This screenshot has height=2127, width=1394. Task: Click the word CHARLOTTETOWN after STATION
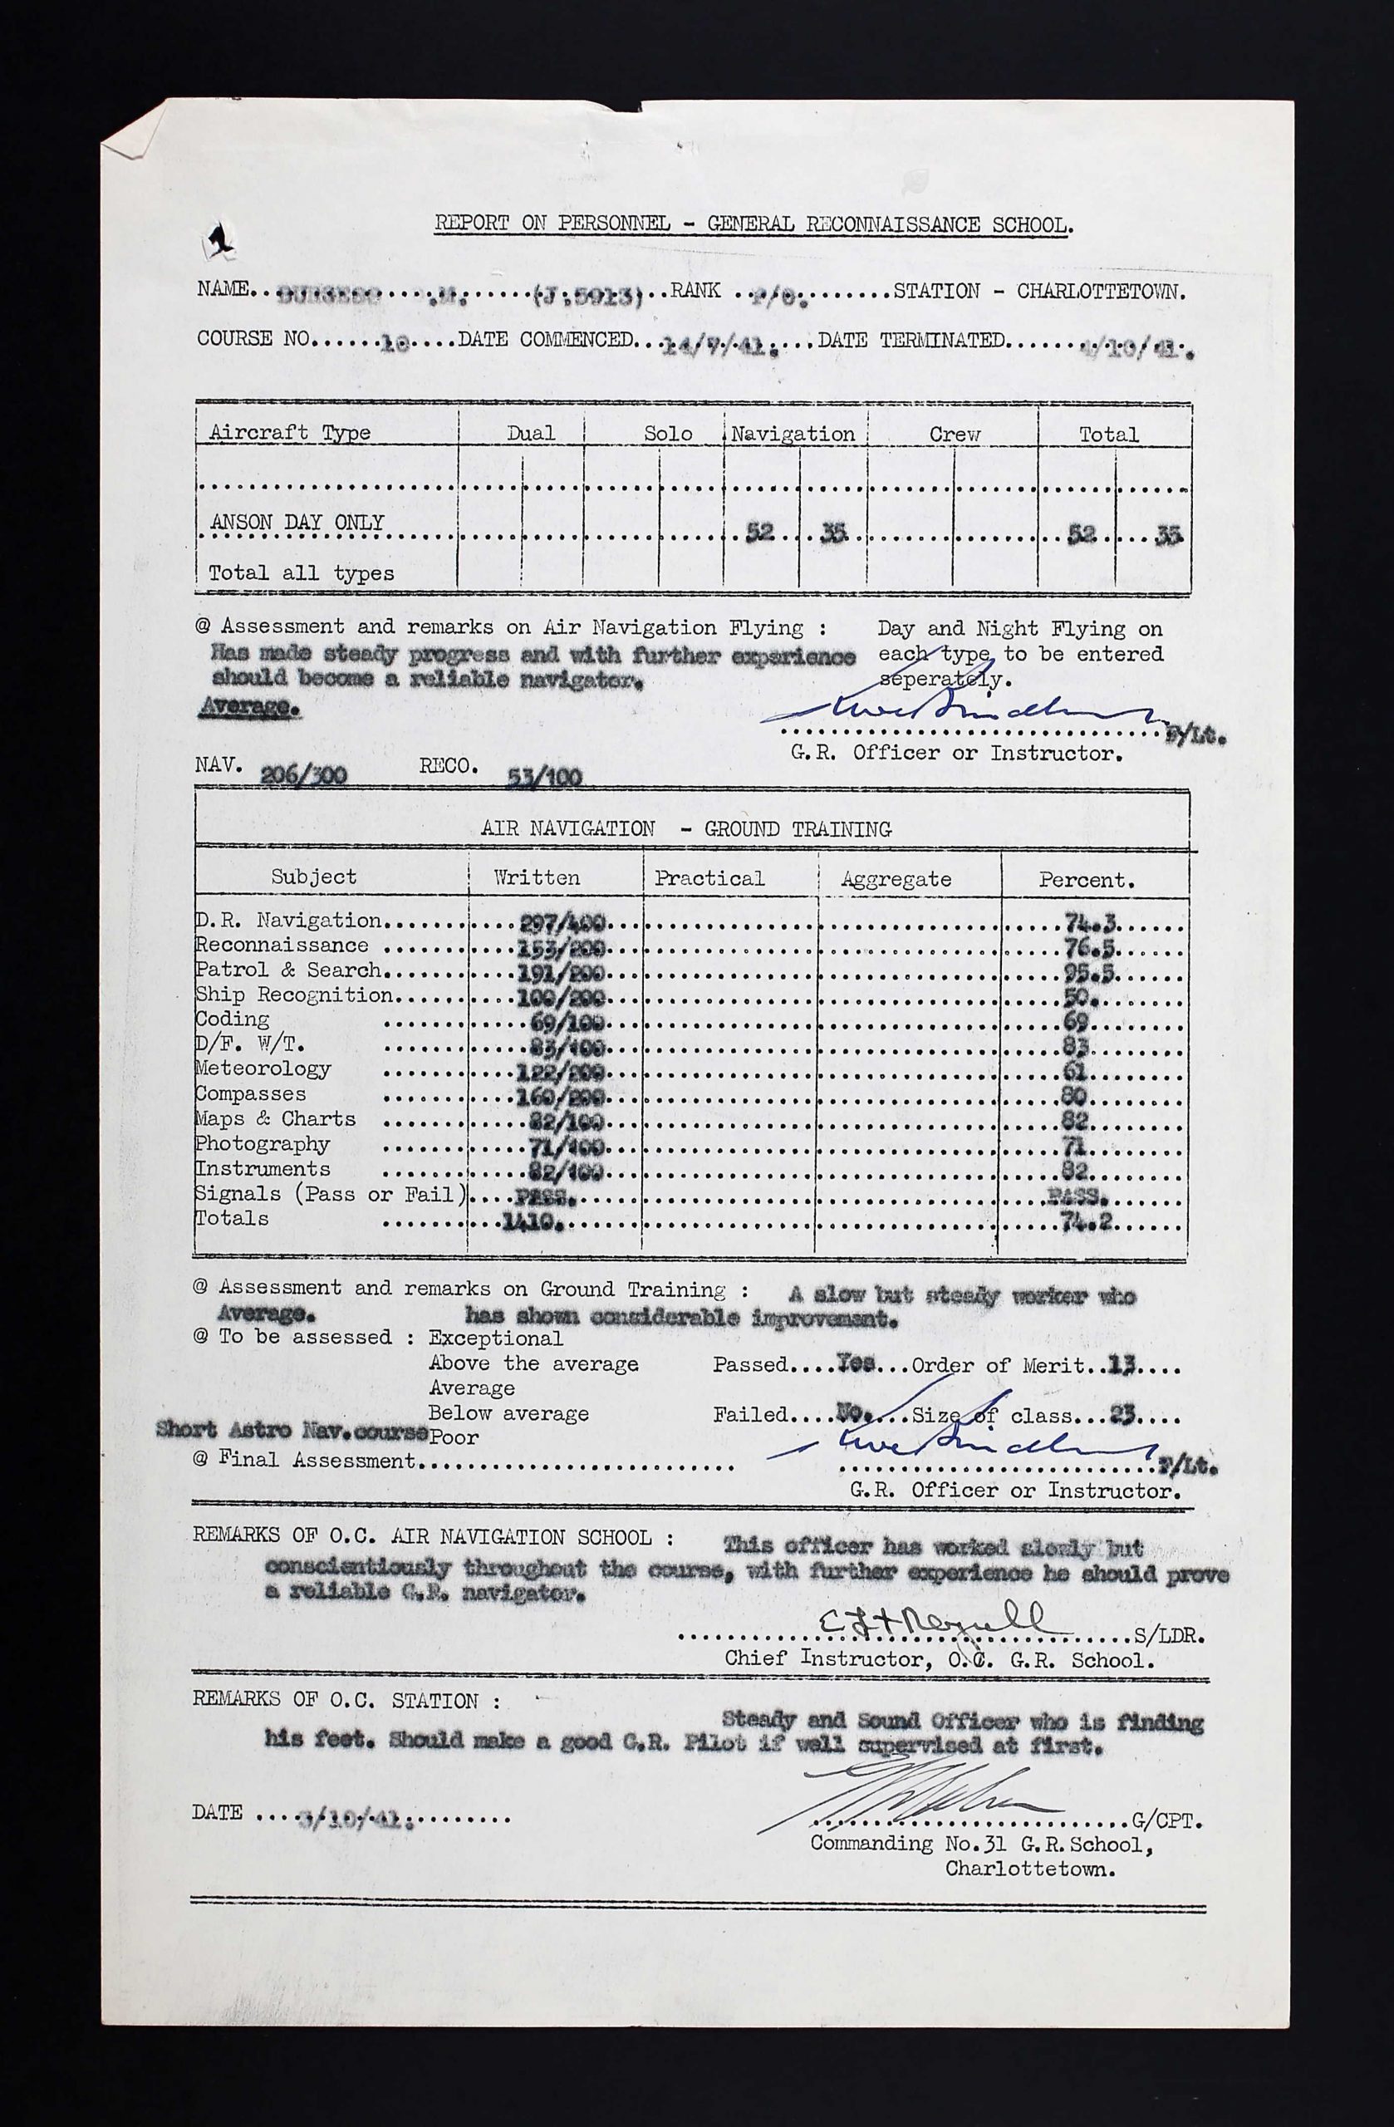point(1101,292)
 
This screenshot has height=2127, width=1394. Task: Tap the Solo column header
point(668,434)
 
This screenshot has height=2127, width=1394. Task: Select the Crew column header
point(954,435)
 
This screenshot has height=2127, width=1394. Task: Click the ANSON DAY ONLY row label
point(297,522)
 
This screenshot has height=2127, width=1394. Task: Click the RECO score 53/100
point(544,776)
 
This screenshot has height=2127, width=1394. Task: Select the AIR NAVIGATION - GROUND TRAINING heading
point(685,829)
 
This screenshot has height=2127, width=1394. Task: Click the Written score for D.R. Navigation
point(560,922)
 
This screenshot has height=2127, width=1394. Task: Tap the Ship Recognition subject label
point(294,995)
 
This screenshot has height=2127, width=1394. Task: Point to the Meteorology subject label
point(263,1068)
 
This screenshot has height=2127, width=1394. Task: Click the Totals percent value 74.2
point(1087,1221)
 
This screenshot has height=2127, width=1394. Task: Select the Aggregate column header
point(896,879)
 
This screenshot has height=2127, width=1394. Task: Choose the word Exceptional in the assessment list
point(495,1338)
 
